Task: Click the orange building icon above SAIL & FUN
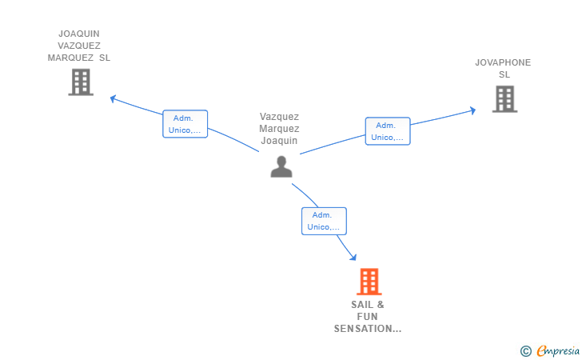[x=369, y=282]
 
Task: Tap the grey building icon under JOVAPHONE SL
[x=504, y=99]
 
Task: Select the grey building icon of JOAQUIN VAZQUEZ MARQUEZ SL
[x=81, y=82]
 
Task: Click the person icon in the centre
[x=281, y=166]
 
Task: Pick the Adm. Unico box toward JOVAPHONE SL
[x=388, y=131]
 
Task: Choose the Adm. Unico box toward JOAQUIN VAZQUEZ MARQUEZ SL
[x=185, y=124]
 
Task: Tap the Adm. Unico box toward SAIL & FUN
[x=324, y=221]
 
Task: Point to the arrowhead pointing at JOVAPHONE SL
[x=473, y=110]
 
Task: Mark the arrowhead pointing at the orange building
[x=353, y=257]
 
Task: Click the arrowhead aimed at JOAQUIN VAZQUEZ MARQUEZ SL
[x=114, y=99]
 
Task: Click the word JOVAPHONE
[x=503, y=62]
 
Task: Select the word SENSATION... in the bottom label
[x=368, y=329]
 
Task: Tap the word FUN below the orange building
[x=367, y=317]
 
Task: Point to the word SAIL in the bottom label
[x=362, y=305]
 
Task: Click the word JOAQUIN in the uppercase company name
[x=79, y=34]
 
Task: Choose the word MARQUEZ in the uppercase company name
[x=70, y=58]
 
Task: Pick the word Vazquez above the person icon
[x=279, y=117]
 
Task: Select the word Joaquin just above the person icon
[x=279, y=141]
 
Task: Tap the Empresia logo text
[x=558, y=350]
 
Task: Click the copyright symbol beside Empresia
[x=525, y=351]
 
